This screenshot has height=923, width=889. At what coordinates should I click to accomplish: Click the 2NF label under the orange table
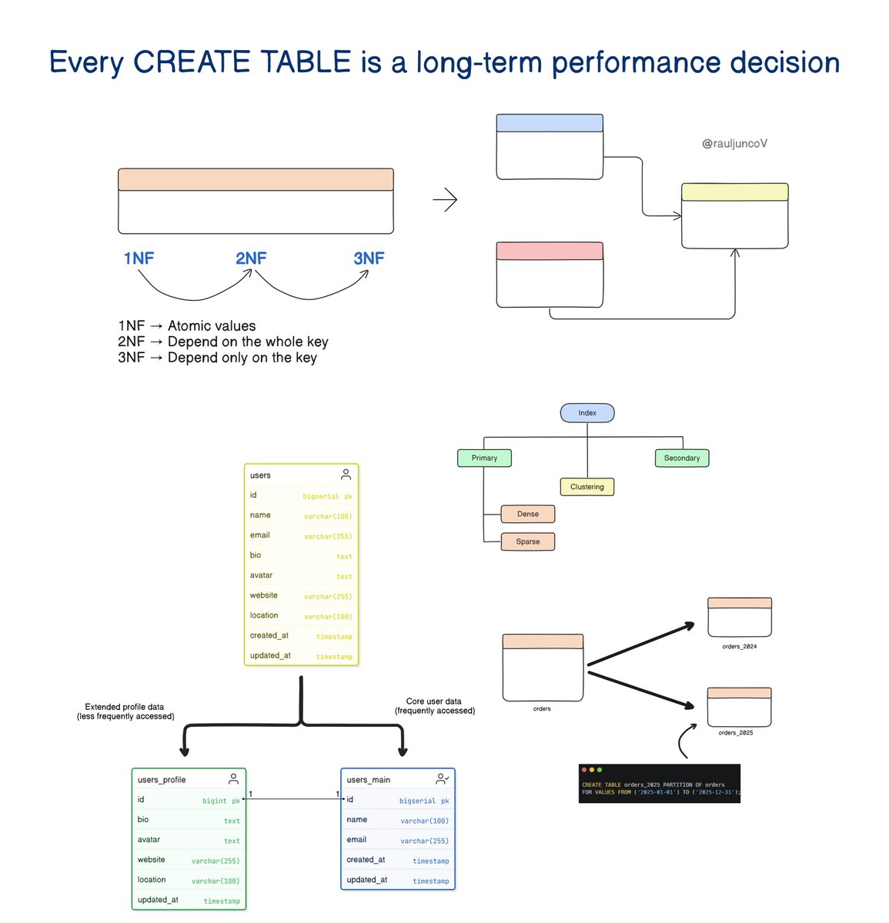[x=251, y=258]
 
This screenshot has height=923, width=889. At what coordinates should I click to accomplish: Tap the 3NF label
[x=369, y=258]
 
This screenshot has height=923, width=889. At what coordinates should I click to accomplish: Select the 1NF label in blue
[x=139, y=258]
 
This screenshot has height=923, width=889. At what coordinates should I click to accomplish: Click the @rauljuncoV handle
[x=734, y=144]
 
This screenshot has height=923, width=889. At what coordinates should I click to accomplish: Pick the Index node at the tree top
[x=587, y=413]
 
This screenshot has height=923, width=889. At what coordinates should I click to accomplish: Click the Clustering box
[x=587, y=487]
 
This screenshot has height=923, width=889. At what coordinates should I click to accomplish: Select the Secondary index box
[x=682, y=458]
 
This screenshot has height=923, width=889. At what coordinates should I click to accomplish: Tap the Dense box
[x=528, y=514]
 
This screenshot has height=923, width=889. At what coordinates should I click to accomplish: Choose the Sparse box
[x=528, y=541]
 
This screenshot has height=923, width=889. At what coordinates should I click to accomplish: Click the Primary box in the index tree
[x=484, y=458]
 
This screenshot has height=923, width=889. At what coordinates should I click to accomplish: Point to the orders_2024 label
[x=739, y=647]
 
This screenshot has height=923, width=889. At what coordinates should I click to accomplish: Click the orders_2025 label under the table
[x=736, y=733]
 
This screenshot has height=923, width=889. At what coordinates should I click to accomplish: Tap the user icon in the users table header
[x=346, y=475]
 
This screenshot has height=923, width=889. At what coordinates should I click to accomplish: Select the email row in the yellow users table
[x=301, y=535]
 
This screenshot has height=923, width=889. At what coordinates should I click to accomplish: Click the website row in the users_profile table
[x=189, y=860]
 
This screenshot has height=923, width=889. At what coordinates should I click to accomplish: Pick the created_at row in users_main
[x=397, y=860]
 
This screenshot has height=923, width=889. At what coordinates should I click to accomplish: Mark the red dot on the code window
[x=584, y=770]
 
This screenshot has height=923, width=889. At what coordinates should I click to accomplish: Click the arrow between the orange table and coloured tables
[x=446, y=201]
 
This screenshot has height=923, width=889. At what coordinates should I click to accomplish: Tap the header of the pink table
[x=550, y=251]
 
